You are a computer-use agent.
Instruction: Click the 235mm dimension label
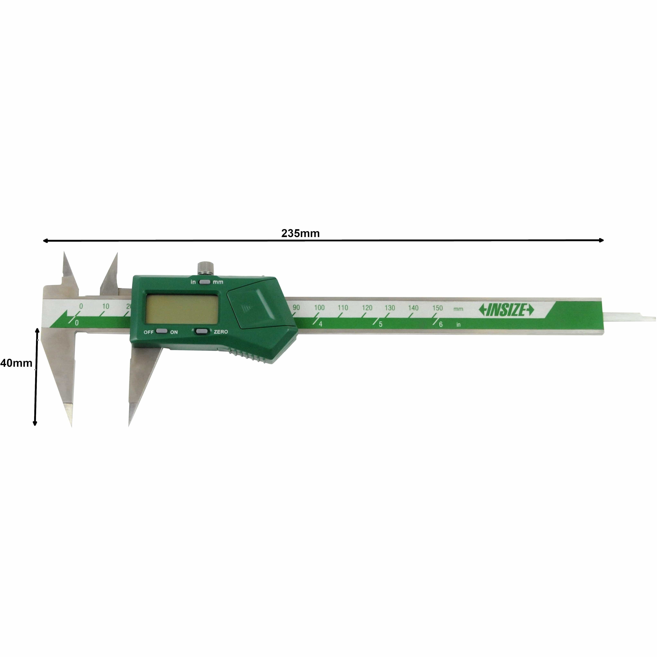[300, 233]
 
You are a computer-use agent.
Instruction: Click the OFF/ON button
[162, 331]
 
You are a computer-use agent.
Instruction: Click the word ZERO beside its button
[221, 332]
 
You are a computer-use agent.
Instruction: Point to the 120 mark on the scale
[367, 308]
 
